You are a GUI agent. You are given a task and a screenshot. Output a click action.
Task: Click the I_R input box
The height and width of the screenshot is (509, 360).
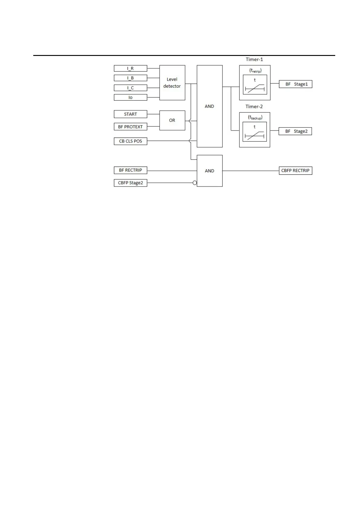130,68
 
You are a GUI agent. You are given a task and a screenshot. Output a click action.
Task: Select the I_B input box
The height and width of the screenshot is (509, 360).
130,78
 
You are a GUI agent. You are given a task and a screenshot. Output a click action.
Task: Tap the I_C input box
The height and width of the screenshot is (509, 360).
130,88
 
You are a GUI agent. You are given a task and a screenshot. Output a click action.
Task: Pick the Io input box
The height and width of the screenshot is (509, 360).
130,97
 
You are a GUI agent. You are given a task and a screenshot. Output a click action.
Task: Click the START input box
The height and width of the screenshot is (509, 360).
130,114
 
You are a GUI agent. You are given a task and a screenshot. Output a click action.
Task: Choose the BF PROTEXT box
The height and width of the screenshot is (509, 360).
130,127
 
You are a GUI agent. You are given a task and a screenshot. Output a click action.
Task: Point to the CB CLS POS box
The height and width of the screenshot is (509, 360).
130,141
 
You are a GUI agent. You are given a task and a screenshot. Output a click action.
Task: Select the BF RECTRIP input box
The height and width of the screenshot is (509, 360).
130,170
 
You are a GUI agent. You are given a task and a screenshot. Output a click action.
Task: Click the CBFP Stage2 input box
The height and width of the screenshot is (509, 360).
130,183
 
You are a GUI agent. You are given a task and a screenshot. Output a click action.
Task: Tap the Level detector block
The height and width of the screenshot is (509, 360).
172,83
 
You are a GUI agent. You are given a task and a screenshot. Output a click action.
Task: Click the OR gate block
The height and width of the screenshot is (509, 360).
172,120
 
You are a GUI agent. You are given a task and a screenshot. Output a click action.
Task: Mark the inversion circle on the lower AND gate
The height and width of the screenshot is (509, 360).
195,183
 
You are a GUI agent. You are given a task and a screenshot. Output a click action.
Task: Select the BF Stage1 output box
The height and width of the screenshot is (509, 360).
295,84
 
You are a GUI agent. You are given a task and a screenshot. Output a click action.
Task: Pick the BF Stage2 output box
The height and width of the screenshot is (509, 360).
295,131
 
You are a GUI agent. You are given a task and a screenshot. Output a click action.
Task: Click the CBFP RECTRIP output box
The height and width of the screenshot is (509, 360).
295,170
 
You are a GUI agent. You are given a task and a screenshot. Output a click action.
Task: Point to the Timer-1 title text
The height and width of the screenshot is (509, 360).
254,60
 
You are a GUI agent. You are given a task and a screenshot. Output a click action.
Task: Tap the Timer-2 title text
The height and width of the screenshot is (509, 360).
254,106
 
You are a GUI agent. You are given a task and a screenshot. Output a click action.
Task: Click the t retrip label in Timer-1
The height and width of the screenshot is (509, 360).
255,71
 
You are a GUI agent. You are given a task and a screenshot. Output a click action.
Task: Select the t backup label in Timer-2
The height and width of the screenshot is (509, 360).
255,118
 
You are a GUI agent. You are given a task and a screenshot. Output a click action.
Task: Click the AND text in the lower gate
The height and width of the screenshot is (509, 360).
209,171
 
